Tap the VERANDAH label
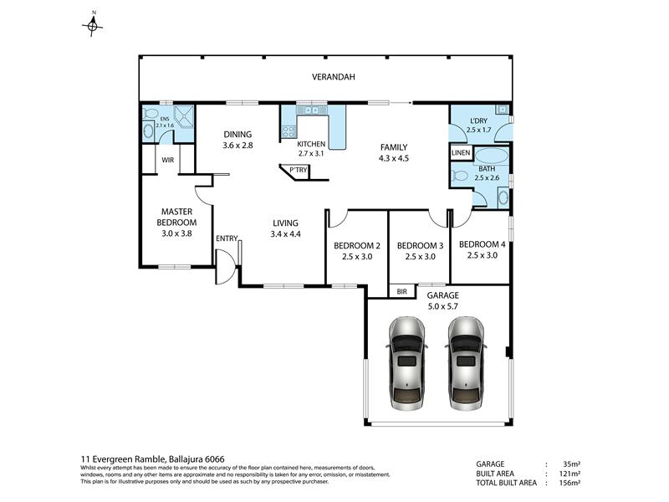click(x=333, y=77)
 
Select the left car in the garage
click(x=406, y=363)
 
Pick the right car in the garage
click(x=466, y=363)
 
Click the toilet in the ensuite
click(x=150, y=113)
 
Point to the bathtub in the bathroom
click(x=492, y=156)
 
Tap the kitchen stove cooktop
click(x=289, y=131)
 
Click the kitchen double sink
click(x=312, y=110)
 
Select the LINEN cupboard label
click(x=461, y=152)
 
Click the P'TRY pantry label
click(x=299, y=170)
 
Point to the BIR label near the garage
click(x=402, y=291)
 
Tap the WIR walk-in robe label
click(x=168, y=160)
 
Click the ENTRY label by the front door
click(x=227, y=238)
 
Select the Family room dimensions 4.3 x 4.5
click(x=393, y=158)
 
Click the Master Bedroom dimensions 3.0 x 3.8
click(x=176, y=233)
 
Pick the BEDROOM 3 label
click(x=421, y=245)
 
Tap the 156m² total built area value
click(x=569, y=483)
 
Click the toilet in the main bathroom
click(x=459, y=176)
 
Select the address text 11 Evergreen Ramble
click(x=123, y=459)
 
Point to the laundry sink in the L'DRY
click(x=503, y=110)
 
